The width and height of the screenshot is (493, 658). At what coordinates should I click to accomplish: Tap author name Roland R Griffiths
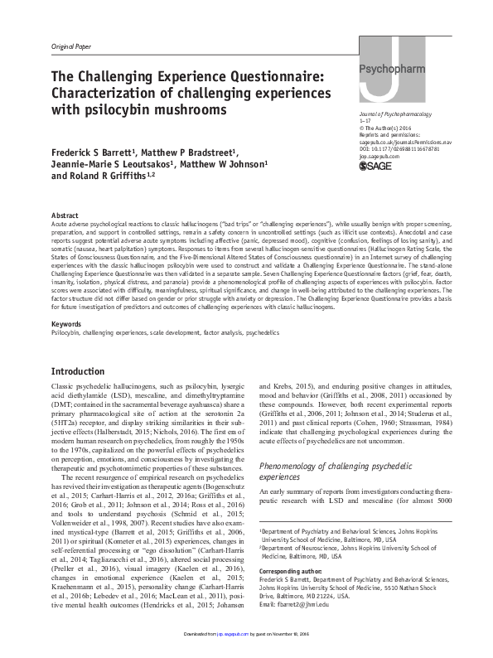point(117,176)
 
